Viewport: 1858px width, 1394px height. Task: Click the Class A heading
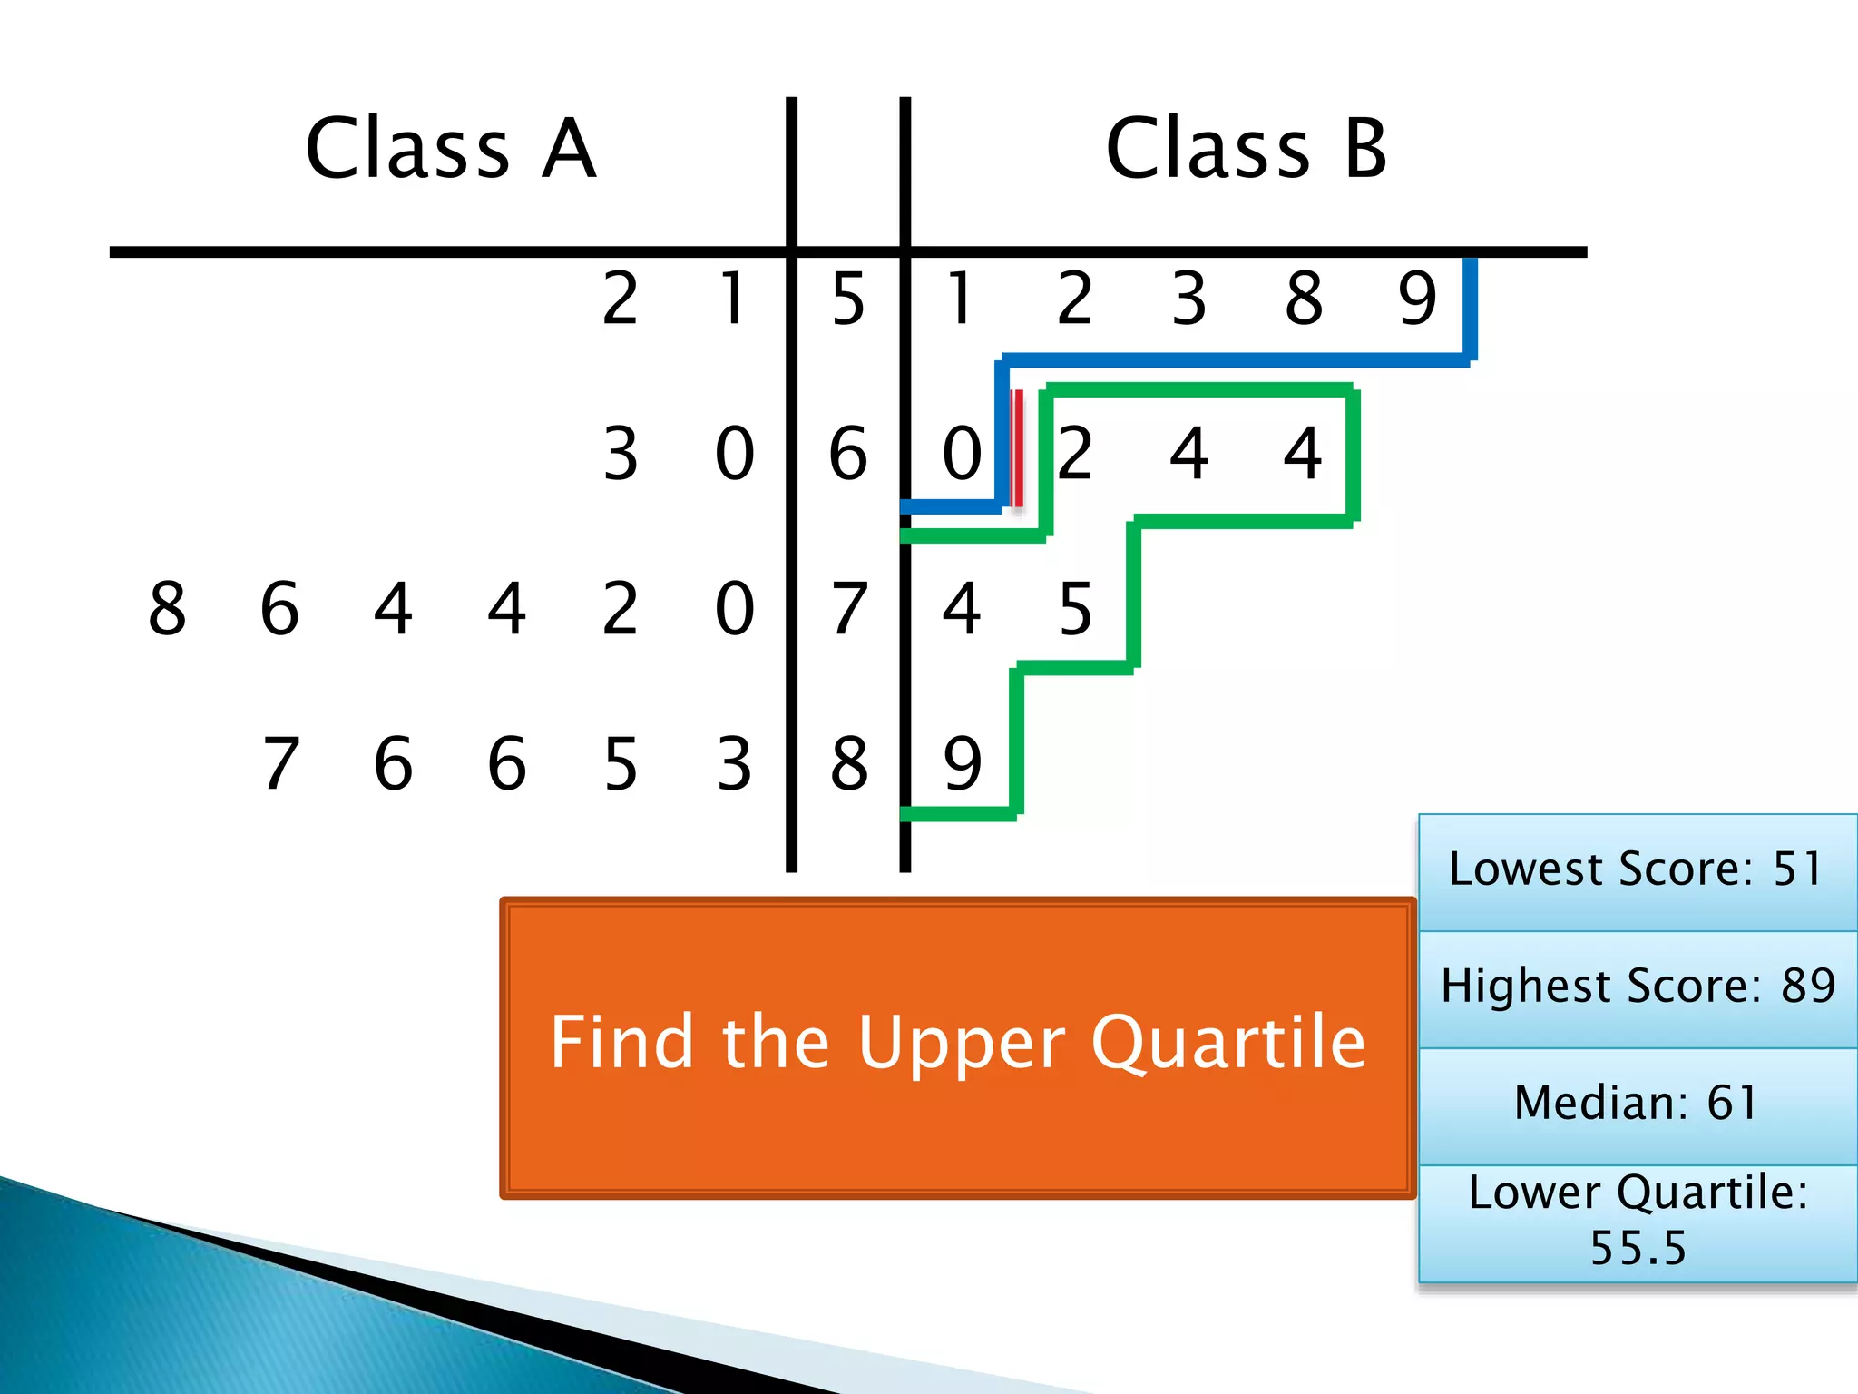[451, 149]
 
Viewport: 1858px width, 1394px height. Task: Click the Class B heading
[1247, 149]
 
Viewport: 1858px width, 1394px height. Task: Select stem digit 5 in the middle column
[848, 299]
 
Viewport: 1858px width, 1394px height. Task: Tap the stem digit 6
[848, 453]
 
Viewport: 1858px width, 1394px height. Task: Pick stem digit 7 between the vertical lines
[848, 608]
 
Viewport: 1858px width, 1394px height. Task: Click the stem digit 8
[848, 763]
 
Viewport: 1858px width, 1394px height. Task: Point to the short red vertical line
[1018, 447]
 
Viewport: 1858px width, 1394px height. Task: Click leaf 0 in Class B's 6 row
[962, 453]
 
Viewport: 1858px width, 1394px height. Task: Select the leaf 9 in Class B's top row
[1417, 299]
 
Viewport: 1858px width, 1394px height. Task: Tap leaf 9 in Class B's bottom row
[962, 763]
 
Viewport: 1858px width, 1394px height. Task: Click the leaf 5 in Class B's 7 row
[1075, 608]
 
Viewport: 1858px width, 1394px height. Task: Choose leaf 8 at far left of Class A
[167, 608]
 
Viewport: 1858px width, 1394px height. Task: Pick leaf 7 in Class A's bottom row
[280, 763]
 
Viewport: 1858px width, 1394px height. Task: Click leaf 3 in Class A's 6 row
[621, 453]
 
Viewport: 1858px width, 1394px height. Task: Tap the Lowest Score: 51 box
[1637, 870]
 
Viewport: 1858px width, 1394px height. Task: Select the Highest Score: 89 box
[1637, 987]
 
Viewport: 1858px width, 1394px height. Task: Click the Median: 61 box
[1637, 1104]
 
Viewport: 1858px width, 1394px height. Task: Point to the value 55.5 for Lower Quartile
[1638, 1248]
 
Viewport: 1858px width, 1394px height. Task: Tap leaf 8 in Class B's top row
[1304, 299]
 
